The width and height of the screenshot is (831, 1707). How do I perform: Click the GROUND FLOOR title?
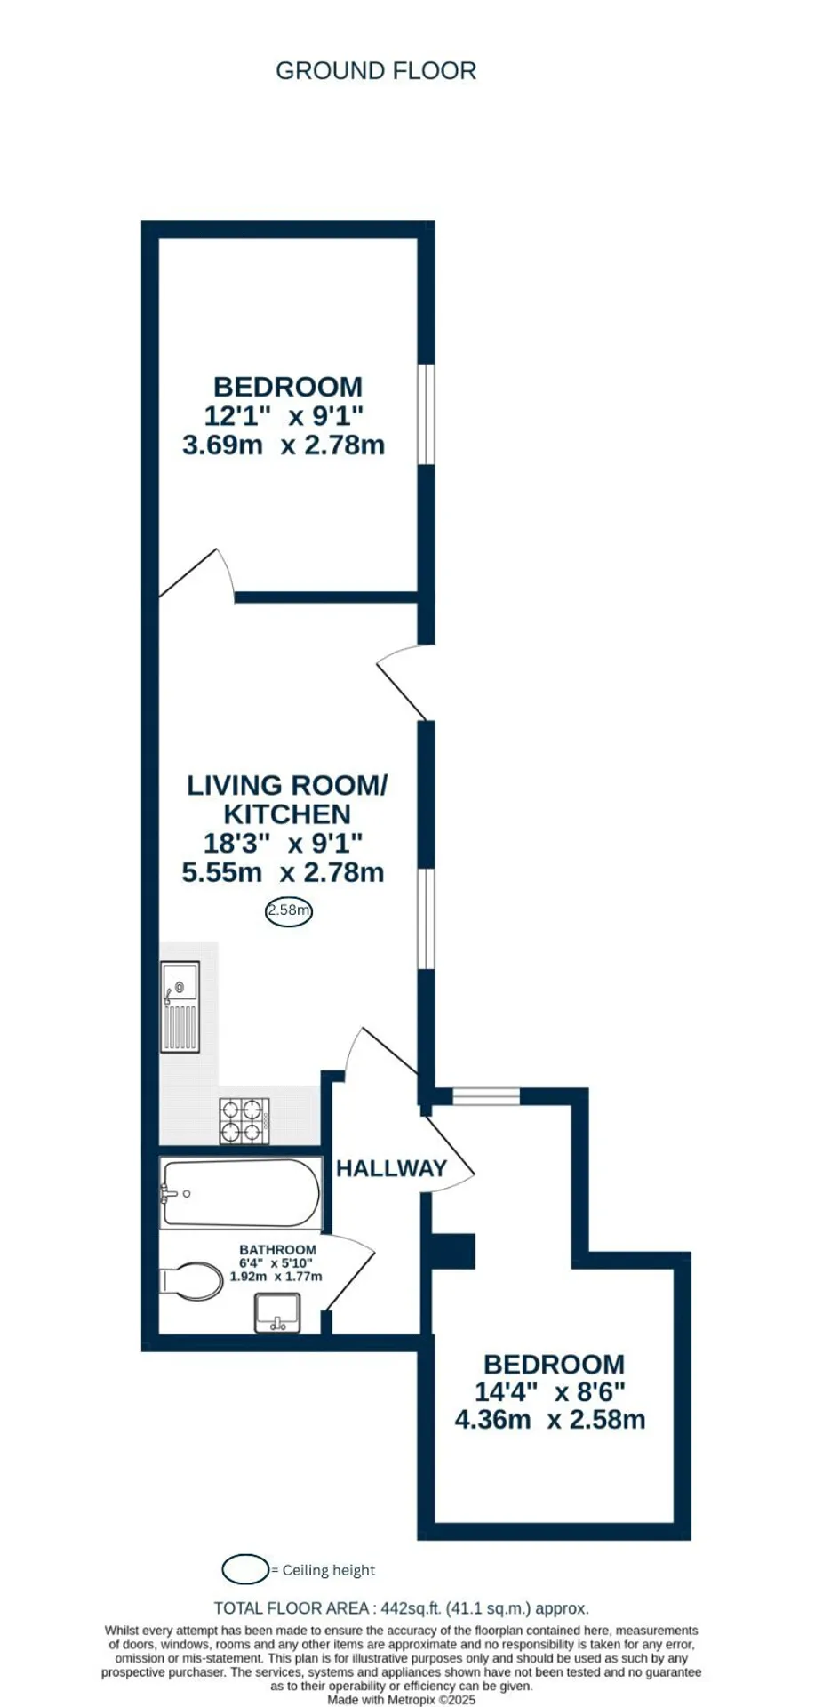376,71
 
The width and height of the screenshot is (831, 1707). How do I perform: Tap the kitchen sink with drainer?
180,1006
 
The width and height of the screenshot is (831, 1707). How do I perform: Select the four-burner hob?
244,1121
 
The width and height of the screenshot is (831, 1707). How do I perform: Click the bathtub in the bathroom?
240,1193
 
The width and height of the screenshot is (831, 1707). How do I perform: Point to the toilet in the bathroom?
192,1282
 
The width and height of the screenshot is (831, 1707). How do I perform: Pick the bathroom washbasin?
278,1313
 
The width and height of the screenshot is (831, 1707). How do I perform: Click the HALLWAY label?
391,1168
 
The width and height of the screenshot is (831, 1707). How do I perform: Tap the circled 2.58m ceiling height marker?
289,910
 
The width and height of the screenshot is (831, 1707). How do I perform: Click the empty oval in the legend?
245,1569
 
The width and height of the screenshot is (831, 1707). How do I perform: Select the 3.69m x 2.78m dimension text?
284,445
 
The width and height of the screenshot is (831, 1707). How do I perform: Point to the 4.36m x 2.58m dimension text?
550,1419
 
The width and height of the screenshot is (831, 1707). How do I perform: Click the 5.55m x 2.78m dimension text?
283,872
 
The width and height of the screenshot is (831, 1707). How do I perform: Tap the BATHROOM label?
277,1249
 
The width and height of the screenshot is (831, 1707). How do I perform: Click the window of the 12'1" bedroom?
427,413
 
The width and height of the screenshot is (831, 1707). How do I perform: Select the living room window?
427,918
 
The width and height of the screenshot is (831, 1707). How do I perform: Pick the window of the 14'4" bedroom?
486,1096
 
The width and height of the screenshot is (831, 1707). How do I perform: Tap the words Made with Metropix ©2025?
402,1700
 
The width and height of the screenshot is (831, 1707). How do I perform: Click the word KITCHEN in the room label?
287,814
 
